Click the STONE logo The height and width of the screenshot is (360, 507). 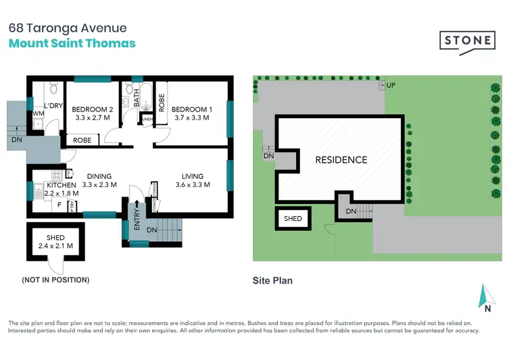click(x=467, y=41)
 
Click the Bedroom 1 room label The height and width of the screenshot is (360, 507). click(x=191, y=109)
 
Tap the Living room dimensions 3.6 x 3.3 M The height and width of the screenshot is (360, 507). click(x=189, y=184)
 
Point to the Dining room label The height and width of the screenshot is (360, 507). click(x=99, y=176)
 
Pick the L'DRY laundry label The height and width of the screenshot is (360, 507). click(x=53, y=106)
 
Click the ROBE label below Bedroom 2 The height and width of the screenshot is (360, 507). click(x=83, y=140)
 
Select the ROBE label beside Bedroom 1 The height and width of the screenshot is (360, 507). click(x=162, y=102)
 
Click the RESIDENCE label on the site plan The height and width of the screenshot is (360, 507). click(x=341, y=160)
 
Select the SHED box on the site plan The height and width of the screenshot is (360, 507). click(x=293, y=219)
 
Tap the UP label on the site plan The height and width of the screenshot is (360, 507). click(x=391, y=85)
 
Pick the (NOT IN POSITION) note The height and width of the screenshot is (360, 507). click(x=55, y=280)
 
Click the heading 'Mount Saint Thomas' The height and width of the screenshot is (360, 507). click(x=72, y=43)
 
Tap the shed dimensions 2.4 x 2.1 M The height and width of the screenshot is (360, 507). click(x=55, y=247)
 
